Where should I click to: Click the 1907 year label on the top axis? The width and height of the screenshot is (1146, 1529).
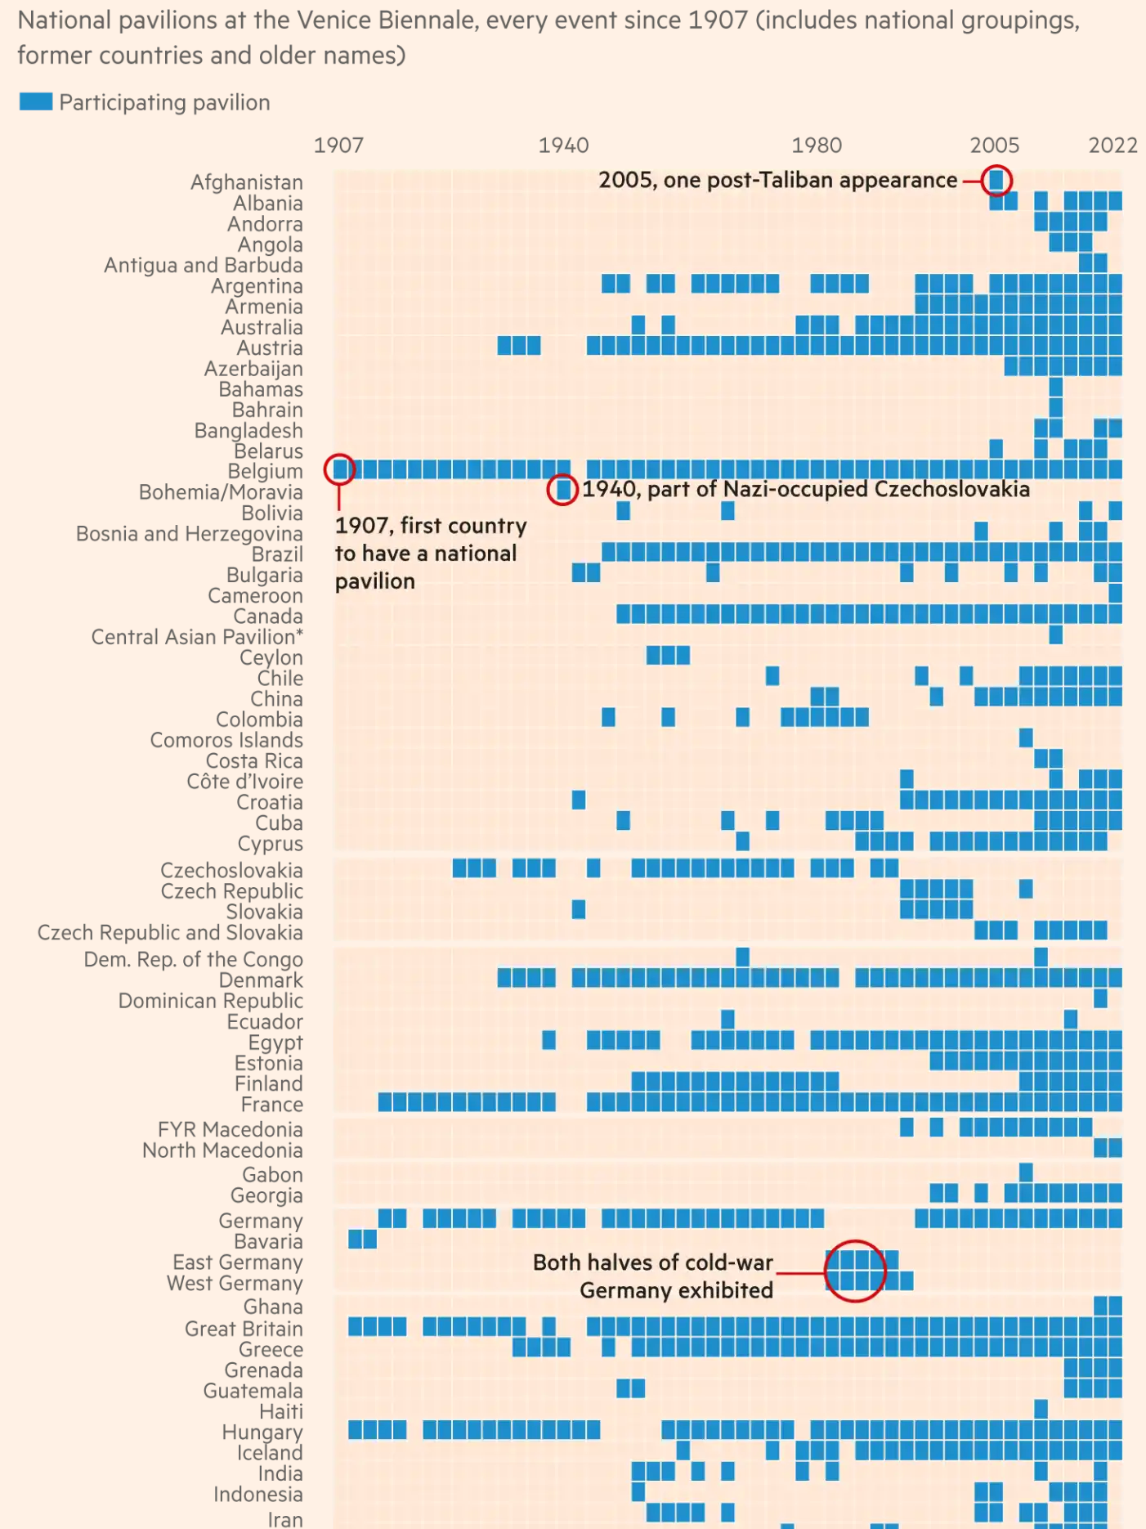[x=338, y=146]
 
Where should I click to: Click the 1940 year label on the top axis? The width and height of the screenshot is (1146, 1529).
[x=563, y=146]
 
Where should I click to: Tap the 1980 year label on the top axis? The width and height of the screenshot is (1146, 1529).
[x=816, y=146]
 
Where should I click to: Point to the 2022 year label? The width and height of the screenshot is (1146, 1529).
[x=1112, y=146]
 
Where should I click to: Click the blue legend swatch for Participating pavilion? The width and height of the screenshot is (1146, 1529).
[x=36, y=101]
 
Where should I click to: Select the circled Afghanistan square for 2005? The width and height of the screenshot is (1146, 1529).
[x=996, y=180]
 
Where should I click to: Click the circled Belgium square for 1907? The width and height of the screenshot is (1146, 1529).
[x=339, y=469]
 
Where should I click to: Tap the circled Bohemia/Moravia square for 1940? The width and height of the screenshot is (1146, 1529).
[x=562, y=490]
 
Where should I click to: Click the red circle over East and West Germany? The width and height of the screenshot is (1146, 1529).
[x=855, y=1271]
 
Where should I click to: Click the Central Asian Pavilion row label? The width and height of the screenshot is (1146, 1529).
[x=197, y=637]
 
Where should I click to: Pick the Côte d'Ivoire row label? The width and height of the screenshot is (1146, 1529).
[x=244, y=782]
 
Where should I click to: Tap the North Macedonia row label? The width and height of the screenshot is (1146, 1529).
[x=222, y=1150]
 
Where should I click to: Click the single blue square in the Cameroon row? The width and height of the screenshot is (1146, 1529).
[x=1115, y=594]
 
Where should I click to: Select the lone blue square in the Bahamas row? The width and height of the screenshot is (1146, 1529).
[x=1055, y=387]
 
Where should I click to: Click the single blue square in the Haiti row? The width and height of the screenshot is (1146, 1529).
[x=1041, y=1409]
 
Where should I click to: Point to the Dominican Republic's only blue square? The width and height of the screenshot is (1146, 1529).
[x=1100, y=998]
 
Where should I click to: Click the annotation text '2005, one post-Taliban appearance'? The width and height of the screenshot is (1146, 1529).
[x=777, y=180]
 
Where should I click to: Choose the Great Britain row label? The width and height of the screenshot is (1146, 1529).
[x=244, y=1329]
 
